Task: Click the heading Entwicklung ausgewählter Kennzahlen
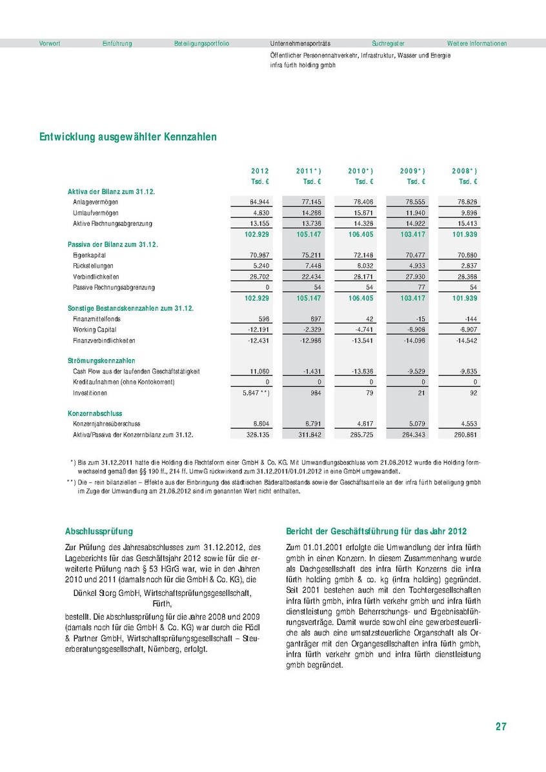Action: pyautogui.click(x=128, y=137)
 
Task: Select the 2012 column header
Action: pyautogui.click(x=259, y=171)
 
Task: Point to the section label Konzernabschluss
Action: pyautogui.click(x=95, y=413)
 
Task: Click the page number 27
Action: pyautogui.click(x=501, y=727)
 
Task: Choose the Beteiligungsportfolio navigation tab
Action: pyautogui.click(x=201, y=44)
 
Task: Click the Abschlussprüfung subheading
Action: pyautogui.click(x=99, y=531)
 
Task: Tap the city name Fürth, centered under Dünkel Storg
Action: pyautogui.click(x=162, y=604)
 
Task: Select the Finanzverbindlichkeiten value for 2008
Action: pyautogui.click(x=467, y=340)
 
